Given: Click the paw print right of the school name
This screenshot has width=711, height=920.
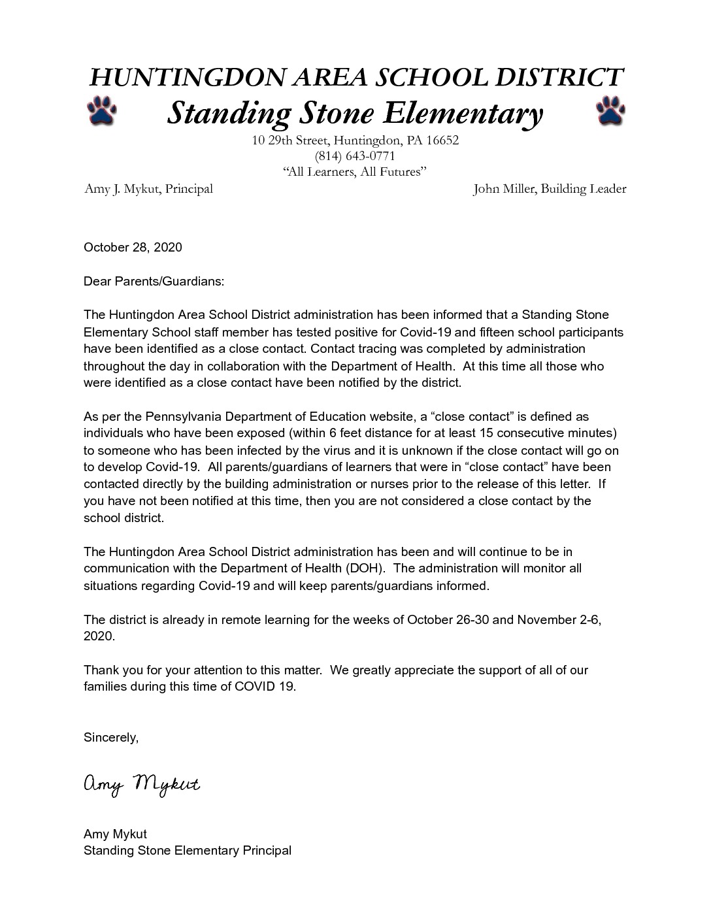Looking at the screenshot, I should [610, 111].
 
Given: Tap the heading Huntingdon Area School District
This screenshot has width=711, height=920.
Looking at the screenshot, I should [355, 77].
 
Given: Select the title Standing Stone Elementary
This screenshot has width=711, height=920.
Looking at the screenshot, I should [355, 113].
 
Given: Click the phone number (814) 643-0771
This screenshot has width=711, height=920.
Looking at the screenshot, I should [355, 156].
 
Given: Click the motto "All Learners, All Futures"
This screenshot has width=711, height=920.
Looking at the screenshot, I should [355, 172].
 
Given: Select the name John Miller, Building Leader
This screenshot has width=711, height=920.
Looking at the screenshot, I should [550, 189].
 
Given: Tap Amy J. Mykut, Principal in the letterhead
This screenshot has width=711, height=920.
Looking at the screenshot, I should [148, 189].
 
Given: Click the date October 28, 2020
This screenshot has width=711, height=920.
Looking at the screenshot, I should [133, 248].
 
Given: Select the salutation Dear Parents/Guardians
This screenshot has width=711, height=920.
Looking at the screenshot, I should [154, 282].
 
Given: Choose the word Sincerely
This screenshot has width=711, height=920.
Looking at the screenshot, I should [111, 738].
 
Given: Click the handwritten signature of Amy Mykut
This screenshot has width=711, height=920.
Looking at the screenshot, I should [141, 785].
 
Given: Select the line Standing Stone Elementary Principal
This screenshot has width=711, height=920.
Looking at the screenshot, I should [188, 851].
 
